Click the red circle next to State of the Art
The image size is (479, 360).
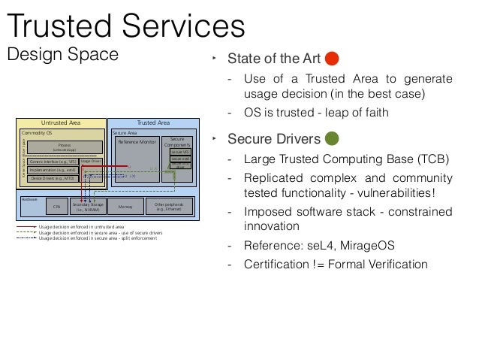pyautogui.click(x=333, y=59)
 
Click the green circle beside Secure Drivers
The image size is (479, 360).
pyautogui.click(x=333, y=138)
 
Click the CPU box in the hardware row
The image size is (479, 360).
pyautogui.click(x=56, y=205)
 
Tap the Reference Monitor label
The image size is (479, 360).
pyautogui.click(x=135, y=141)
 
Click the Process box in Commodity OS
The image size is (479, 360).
pyautogui.click(x=65, y=147)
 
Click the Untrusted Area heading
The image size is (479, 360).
pyautogui.click(x=62, y=123)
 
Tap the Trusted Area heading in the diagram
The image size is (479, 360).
pyautogui.click(x=153, y=123)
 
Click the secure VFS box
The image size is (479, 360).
pyautogui.click(x=180, y=152)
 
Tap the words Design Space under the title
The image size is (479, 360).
pyautogui.click(x=63, y=54)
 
